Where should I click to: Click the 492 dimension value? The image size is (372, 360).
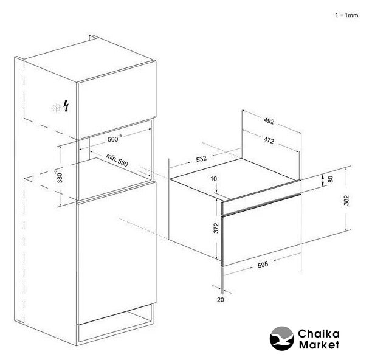tap(269, 121)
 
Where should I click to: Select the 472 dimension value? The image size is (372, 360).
tap(269, 140)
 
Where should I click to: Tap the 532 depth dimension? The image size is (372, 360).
tap(201, 159)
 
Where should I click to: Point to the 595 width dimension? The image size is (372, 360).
tap(263, 265)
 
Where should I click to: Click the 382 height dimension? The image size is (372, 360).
tap(346, 200)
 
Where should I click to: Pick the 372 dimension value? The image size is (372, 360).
tap(216, 228)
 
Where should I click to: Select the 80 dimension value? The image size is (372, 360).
tap(331, 179)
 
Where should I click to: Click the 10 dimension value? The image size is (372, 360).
tap(213, 179)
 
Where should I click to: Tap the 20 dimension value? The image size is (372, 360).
tap(221, 300)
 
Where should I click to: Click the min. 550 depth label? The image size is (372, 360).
tap(117, 160)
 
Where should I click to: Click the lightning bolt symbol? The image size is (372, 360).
tap(66, 106)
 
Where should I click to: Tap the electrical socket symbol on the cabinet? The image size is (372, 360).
tap(57, 108)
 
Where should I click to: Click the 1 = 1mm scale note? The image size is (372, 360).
tap(346, 15)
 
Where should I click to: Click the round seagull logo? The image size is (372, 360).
tap(282, 338)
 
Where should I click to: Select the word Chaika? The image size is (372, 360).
tap(319, 334)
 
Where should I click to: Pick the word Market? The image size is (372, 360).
tap(319, 345)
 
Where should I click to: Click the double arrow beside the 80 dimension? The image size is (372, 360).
tap(323, 181)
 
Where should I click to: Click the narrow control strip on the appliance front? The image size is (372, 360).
tap(261, 203)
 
